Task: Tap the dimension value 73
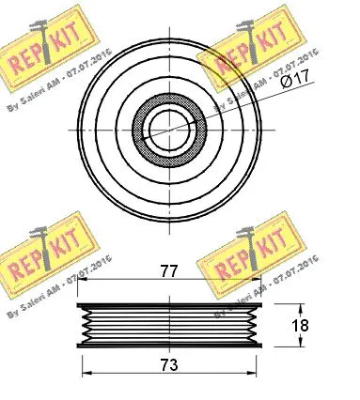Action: tap(169, 363)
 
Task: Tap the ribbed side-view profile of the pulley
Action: tap(170, 326)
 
